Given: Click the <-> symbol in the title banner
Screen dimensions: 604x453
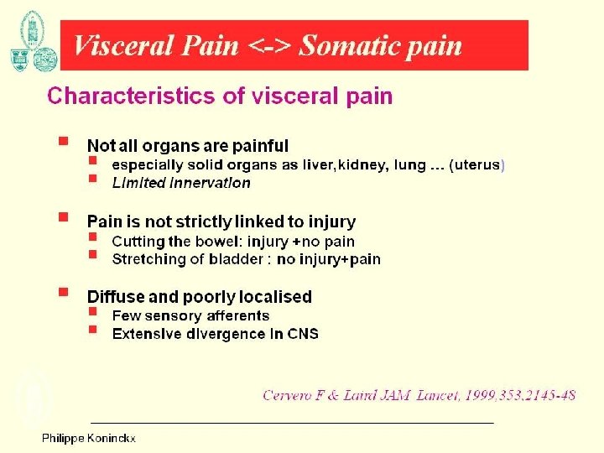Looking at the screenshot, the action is [268, 45].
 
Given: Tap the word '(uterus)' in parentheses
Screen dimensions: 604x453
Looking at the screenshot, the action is [477, 165].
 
